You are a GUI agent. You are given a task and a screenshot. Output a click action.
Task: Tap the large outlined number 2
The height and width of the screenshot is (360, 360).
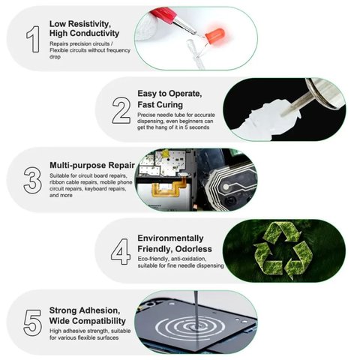pyautogui.click(x=121, y=110)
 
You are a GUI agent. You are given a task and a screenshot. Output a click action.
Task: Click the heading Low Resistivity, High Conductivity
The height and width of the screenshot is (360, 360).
pyautogui.click(x=85, y=28)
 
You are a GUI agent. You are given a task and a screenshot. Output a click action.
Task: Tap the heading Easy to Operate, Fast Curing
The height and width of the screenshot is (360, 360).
pyautogui.click(x=170, y=99)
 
